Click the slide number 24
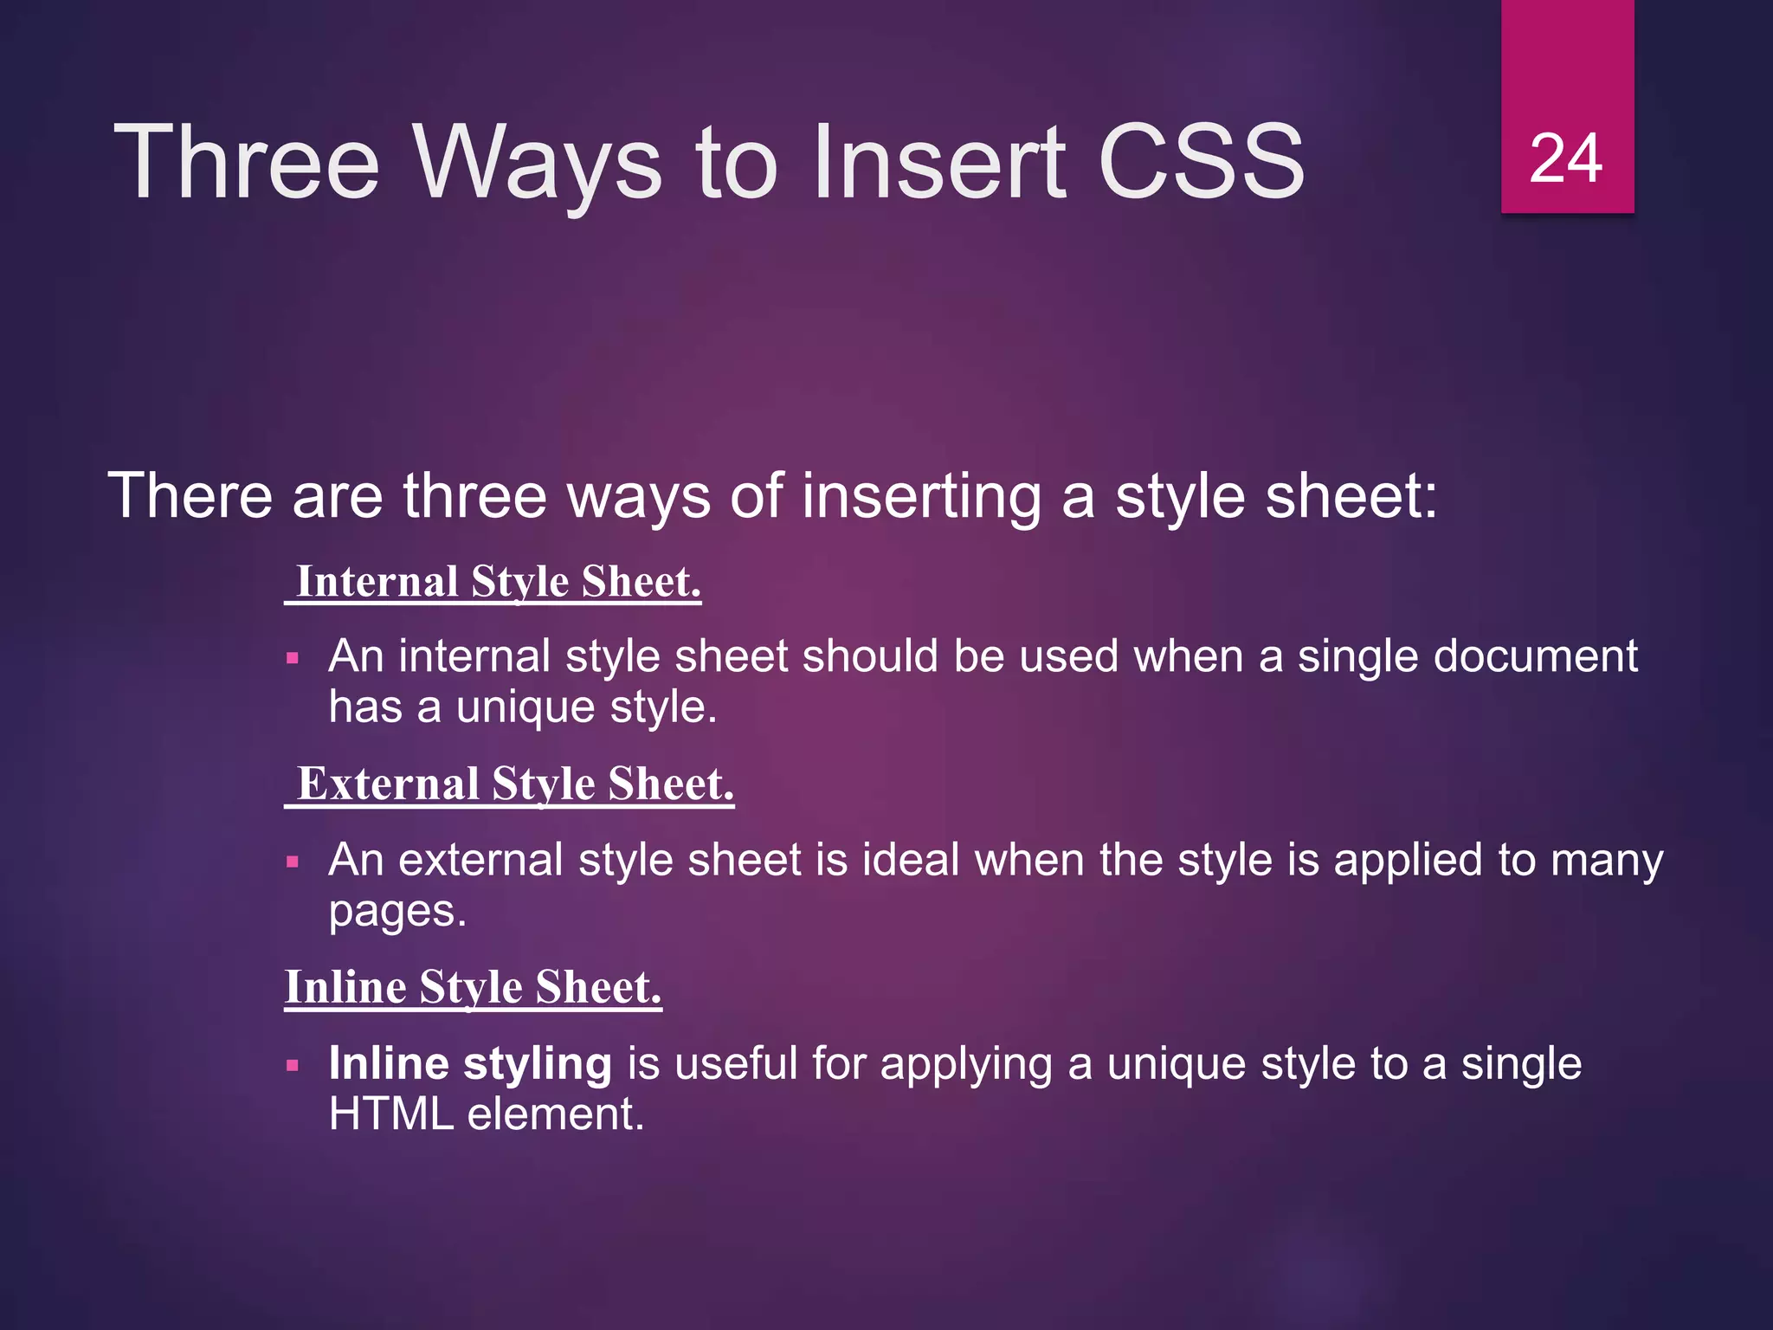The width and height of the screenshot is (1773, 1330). pyautogui.click(x=1566, y=159)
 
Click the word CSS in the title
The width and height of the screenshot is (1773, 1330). pyautogui.click(x=1201, y=162)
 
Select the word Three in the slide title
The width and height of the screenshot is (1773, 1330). pyautogui.click(x=247, y=162)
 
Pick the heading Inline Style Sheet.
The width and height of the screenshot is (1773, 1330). pyautogui.click(x=474, y=987)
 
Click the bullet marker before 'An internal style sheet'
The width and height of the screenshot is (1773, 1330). pyautogui.click(x=293, y=659)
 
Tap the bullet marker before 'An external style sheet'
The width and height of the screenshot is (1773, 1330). pyautogui.click(x=293, y=862)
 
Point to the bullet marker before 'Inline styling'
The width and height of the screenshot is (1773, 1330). pyautogui.click(x=293, y=1066)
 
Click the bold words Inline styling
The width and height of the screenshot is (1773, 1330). pyautogui.click(x=470, y=1063)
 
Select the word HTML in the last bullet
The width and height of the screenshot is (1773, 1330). pyautogui.click(x=391, y=1114)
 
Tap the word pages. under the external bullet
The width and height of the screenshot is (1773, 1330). pyautogui.click(x=397, y=912)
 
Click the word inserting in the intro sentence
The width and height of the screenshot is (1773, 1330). pyautogui.click(x=922, y=497)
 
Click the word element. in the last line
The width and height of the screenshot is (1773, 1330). pyautogui.click(x=556, y=1114)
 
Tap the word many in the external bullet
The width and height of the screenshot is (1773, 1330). pyautogui.click(x=1607, y=862)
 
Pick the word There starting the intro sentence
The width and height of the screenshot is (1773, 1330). pyautogui.click(x=190, y=497)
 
